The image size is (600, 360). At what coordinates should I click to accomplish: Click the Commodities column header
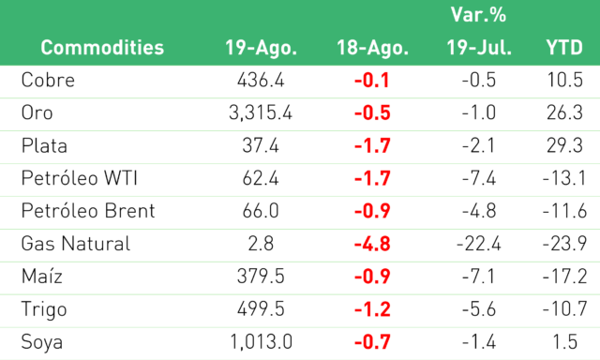[102, 48]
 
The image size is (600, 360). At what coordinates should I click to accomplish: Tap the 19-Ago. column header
[261, 48]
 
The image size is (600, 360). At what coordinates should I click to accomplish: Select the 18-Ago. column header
[373, 48]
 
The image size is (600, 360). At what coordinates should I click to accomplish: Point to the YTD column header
[564, 48]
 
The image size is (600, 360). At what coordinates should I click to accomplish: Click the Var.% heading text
[478, 15]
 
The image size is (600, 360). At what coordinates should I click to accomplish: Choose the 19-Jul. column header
[479, 48]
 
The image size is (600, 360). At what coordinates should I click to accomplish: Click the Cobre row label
[48, 80]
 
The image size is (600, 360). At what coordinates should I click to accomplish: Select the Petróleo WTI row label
[79, 178]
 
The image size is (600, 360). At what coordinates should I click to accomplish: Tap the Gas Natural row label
[76, 244]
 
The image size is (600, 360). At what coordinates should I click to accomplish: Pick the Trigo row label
[44, 309]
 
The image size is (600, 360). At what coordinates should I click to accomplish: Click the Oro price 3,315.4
[261, 112]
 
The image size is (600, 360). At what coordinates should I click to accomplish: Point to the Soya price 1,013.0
[261, 341]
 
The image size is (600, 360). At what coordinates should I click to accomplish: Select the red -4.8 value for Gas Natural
[372, 244]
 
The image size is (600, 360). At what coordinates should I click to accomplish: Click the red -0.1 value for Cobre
[372, 81]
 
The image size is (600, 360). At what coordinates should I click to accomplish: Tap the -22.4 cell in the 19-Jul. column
[479, 244]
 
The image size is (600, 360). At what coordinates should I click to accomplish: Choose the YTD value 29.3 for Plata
[564, 145]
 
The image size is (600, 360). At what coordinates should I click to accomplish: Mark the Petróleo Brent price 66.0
[261, 211]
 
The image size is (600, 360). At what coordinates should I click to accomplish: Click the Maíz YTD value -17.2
[564, 277]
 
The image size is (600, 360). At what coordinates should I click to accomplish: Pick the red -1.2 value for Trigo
[372, 309]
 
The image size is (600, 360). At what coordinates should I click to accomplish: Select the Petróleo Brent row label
[88, 211]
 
